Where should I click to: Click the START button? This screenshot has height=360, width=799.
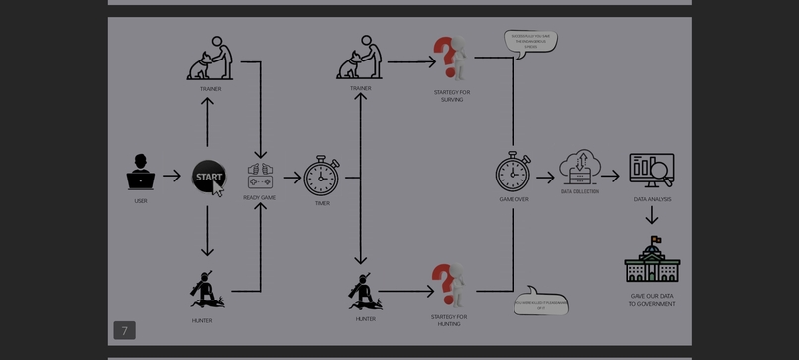click(x=208, y=177)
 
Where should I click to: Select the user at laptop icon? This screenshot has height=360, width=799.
click(x=141, y=173)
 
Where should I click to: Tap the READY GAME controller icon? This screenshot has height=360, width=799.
click(x=260, y=176)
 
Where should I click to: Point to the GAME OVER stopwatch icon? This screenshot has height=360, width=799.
click(x=514, y=172)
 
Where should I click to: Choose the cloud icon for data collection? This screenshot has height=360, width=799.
click(x=580, y=167)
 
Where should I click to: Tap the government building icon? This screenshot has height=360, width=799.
click(x=651, y=261)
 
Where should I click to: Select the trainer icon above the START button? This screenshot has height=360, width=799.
click(x=211, y=60)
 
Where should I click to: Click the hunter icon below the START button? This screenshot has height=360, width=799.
click(x=204, y=290)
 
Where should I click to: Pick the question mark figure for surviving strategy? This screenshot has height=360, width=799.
click(x=450, y=59)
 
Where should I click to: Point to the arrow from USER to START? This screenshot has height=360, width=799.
click(x=171, y=177)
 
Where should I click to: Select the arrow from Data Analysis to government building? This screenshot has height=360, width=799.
click(x=652, y=216)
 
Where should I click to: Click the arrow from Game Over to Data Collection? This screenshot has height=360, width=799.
click(x=545, y=177)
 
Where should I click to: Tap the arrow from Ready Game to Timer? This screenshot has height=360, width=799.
click(x=291, y=178)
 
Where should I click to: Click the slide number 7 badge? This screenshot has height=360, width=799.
click(x=124, y=330)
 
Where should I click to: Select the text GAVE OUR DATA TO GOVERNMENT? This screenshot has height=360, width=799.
click(x=652, y=300)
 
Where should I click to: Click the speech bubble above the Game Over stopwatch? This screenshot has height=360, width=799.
click(x=530, y=42)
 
